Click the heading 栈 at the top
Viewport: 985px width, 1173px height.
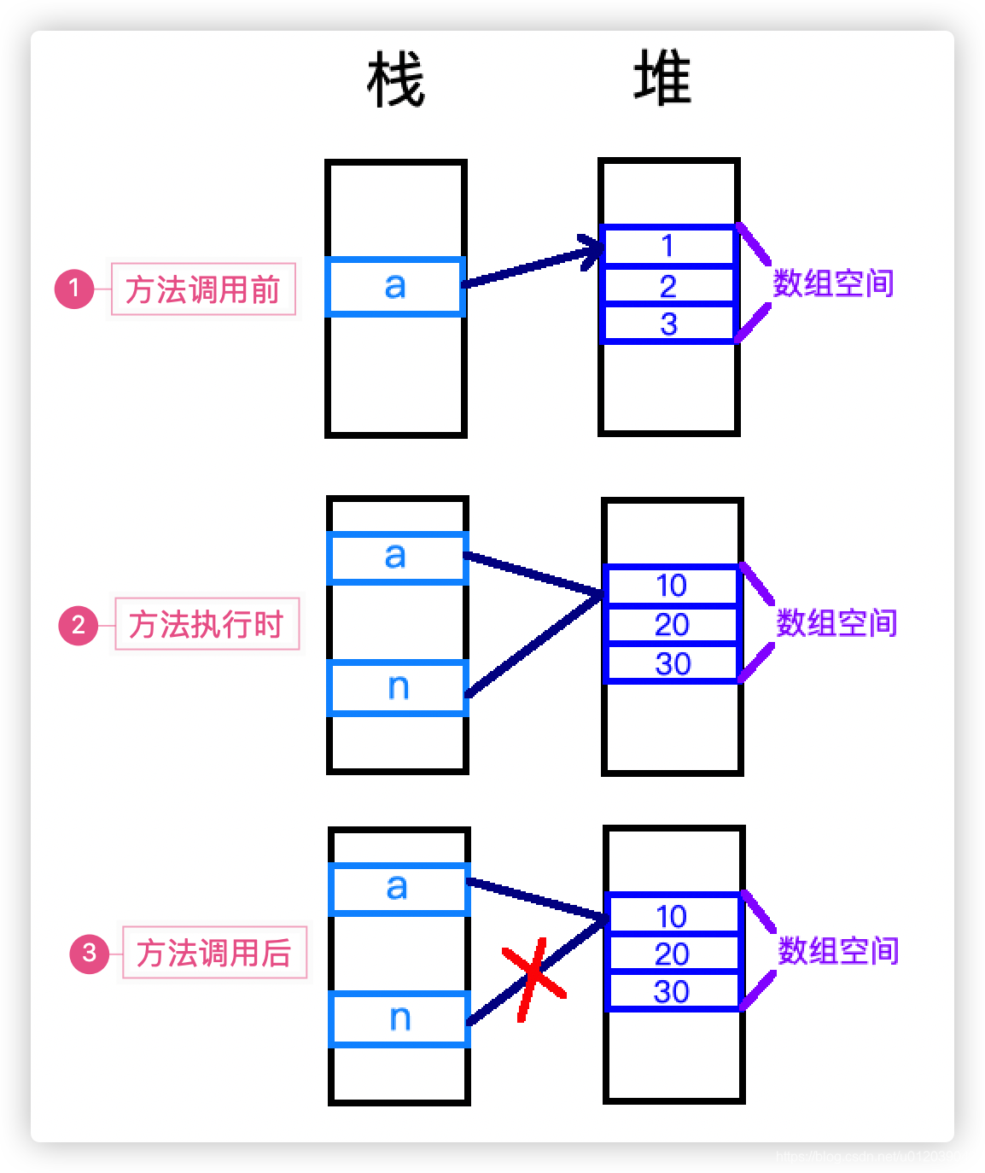396,80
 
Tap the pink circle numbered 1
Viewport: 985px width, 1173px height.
74,289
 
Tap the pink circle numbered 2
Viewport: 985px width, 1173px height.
78,625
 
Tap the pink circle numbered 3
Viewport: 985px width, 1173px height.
90,953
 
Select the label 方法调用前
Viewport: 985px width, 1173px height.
203,289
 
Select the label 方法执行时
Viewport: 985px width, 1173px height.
207,624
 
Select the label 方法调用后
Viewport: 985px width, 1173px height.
214,953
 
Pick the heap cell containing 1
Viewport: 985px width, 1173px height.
668,247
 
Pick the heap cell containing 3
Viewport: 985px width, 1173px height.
668,324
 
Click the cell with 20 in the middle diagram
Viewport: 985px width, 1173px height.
672,625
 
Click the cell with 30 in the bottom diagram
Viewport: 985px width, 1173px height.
672,991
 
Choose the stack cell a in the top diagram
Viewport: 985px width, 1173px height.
395,287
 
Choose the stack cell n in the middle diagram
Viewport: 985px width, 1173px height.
398,687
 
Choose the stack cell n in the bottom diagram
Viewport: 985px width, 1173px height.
399,1018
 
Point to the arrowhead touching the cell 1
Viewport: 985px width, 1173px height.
591,250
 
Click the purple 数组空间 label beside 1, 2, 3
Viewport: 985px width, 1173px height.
833,283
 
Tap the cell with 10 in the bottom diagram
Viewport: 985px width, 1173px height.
672,916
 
